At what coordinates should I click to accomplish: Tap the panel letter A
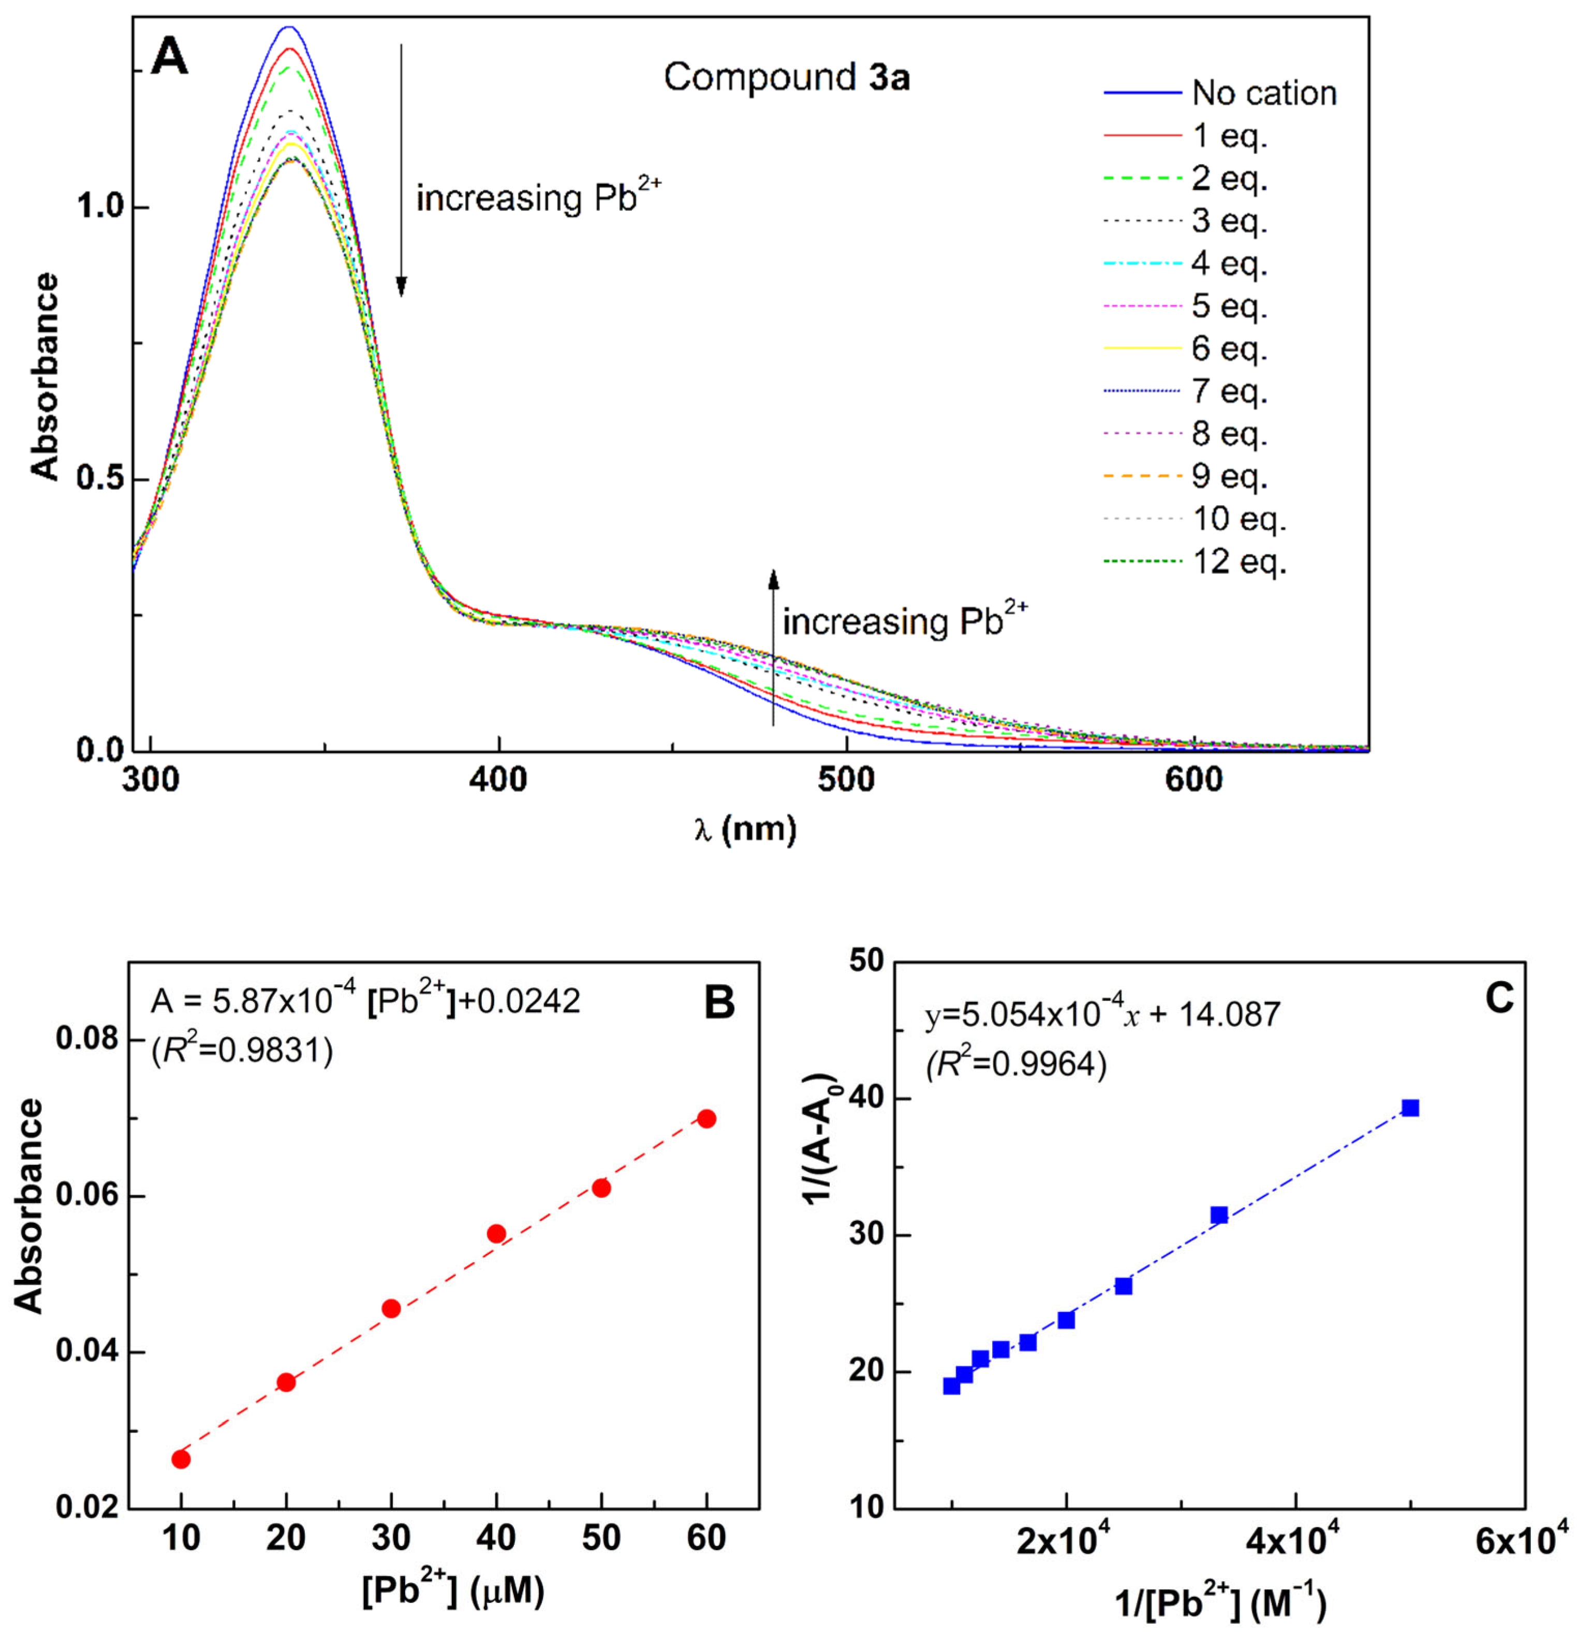point(169,59)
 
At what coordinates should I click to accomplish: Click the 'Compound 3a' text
point(786,78)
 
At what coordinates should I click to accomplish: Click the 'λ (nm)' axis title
point(745,829)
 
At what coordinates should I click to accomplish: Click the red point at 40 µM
point(496,1234)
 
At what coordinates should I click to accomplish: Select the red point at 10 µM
point(180,1458)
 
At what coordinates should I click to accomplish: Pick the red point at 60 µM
point(707,1118)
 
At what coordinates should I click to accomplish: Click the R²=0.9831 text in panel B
point(242,1050)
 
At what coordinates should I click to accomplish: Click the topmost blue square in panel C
point(1410,1107)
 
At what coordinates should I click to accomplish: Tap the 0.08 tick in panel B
point(87,1040)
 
